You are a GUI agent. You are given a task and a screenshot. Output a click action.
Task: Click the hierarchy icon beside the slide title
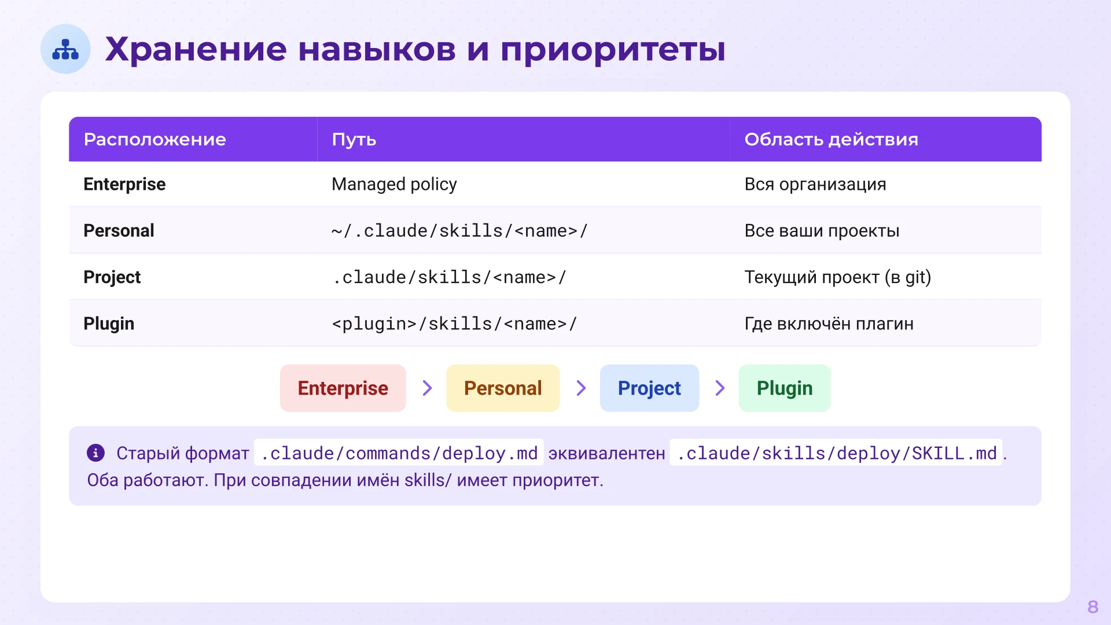[65, 49]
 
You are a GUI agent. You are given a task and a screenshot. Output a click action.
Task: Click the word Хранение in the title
[196, 49]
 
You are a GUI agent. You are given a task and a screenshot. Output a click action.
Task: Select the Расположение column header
[154, 139]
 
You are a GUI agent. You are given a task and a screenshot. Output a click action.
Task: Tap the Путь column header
[354, 139]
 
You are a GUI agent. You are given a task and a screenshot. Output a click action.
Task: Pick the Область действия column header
[831, 139]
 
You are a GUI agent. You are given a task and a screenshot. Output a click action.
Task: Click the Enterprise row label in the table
[124, 184]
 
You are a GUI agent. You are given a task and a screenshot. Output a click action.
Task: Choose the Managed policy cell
[394, 184]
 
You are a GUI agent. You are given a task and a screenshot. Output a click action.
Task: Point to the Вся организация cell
[815, 184]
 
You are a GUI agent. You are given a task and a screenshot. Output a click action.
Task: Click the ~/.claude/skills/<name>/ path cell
[459, 231]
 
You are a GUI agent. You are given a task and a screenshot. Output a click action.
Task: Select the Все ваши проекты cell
[822, 231]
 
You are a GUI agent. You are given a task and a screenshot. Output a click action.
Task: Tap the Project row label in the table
[112, 277]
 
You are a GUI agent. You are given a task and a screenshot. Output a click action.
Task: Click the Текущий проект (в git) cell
[837, 277]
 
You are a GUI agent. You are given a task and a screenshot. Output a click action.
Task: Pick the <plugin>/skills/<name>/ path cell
[454, 323]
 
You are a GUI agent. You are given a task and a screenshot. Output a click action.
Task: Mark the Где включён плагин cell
[829, 323]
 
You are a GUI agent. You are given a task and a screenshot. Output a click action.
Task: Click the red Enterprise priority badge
[343, 388]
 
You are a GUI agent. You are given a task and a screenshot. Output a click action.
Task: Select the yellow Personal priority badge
[502, 388]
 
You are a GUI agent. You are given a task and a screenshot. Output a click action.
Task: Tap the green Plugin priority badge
[784, 388]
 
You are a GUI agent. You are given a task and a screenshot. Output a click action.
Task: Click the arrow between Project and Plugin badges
[719, 388]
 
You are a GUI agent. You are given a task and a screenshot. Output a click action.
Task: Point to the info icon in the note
[95, 453]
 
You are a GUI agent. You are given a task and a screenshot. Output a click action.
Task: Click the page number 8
[1092, 606]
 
